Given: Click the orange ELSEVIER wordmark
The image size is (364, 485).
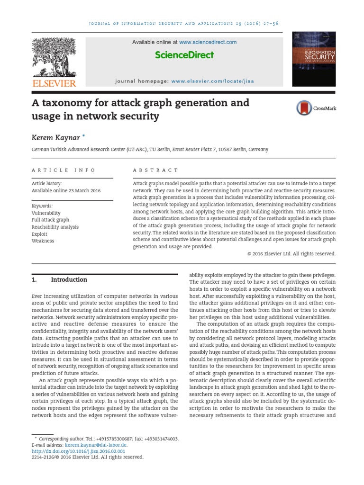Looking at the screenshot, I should tap(54, 83).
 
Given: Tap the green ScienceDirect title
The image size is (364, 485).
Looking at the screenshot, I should tap(184, 55).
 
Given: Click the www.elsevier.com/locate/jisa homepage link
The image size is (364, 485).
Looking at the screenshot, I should tap(212, 81).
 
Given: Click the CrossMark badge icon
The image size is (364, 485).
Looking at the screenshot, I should tap(304, 108).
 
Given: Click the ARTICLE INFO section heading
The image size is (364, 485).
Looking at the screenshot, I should tap(64, 170).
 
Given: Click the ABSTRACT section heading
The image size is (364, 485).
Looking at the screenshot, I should tap(155, 170).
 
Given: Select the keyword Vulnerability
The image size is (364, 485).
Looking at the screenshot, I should tap(46, 213).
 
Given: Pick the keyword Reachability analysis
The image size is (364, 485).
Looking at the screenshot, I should tap(55, 227).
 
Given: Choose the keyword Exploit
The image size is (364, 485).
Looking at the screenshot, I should tap(39, 234).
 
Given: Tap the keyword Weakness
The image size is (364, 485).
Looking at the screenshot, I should tap(43, 241).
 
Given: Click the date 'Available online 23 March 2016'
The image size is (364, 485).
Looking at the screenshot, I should tap(66, 190).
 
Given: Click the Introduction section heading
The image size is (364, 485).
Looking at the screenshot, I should tap(69, 279).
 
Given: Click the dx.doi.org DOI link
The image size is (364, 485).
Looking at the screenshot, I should tap(78, 451).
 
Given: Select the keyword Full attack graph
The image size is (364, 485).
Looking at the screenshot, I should tap(50, 220).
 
